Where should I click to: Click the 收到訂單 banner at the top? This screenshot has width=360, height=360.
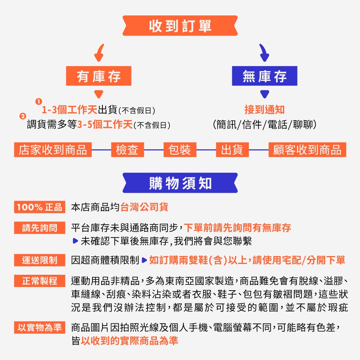click(180, 26)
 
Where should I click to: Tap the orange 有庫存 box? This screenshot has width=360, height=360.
click(99, 76)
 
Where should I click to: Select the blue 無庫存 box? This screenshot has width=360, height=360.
click(264, 76)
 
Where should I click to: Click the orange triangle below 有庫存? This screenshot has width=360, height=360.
click(99, 94)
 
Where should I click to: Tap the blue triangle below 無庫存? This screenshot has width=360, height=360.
click(265, 94)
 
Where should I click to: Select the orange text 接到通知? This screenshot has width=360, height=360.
click(264, 110)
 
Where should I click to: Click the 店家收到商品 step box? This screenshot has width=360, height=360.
click(53, 150)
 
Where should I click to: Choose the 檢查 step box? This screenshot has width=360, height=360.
click(127, 150)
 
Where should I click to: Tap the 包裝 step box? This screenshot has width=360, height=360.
click(180, 150)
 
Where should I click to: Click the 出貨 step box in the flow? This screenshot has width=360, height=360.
click(232, 150)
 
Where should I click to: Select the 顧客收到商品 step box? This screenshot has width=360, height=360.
click(307, 150)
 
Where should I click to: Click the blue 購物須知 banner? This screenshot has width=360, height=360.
click(180, 183)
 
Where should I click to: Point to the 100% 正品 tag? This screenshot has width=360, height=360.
click(40, 207)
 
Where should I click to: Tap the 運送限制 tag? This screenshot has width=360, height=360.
click(40, 260)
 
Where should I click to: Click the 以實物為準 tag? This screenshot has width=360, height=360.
click(40, 327)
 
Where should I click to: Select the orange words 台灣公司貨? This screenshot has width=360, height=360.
click(144, 207)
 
